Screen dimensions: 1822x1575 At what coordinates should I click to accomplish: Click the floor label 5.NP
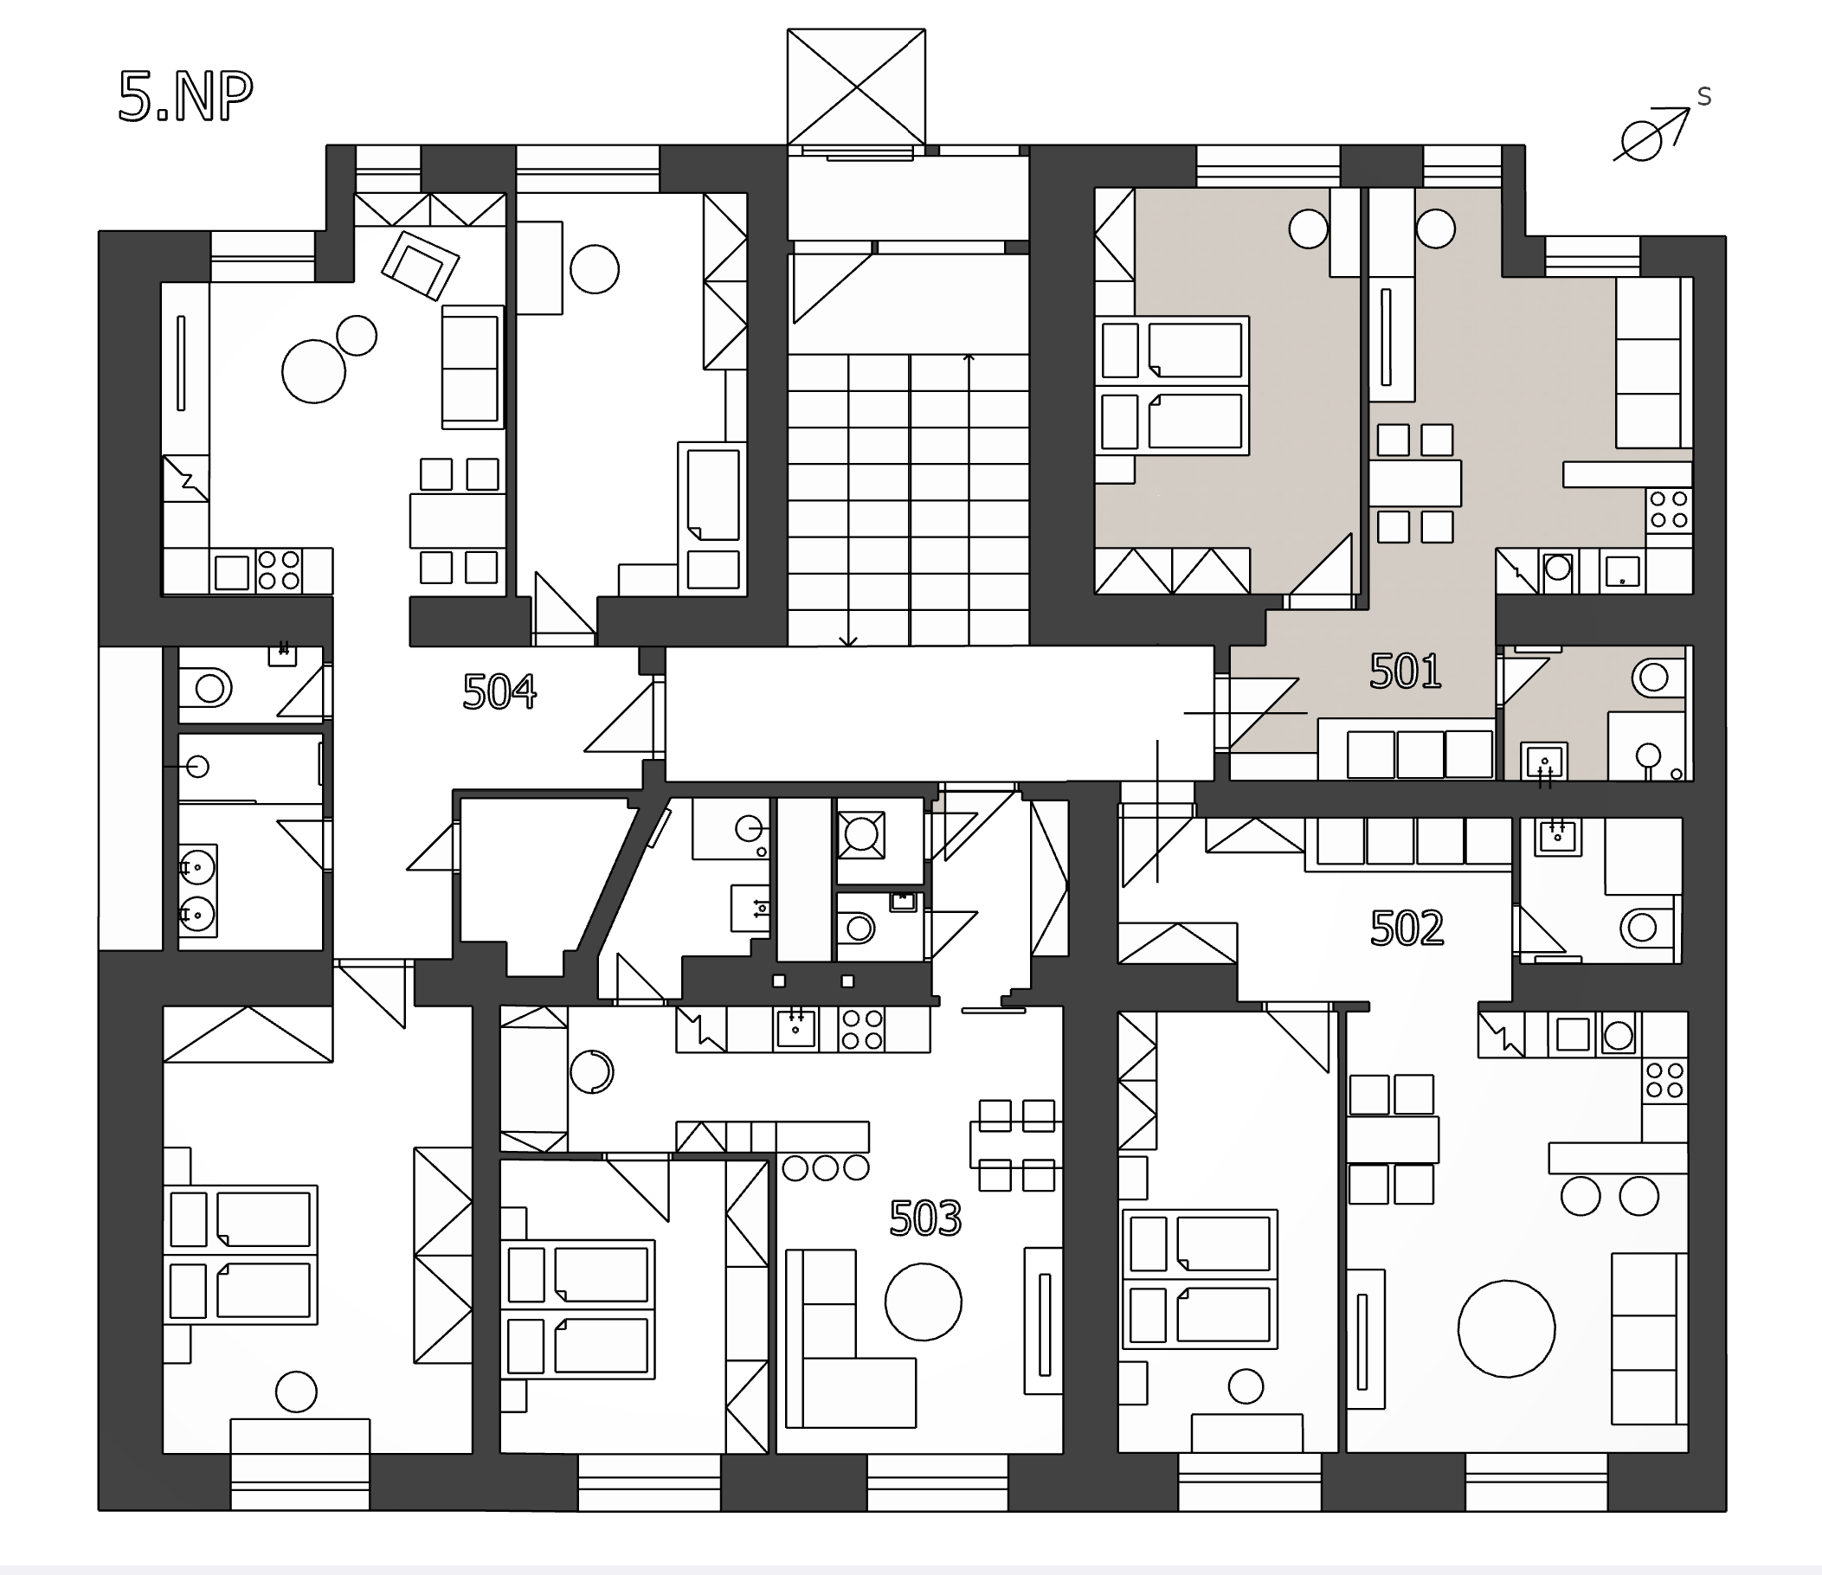coord(185,97)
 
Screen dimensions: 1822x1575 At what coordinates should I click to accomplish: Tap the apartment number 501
coord(1405,672)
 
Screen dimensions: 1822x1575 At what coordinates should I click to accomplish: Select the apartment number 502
coord(1407,929)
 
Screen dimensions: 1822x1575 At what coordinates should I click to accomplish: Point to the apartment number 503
coord(925,1218)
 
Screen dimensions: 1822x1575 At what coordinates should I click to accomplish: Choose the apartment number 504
coord(499,692)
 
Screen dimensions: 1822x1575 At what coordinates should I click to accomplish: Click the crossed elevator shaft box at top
coord(855,87)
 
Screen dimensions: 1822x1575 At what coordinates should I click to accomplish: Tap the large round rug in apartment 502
coord(1506,1327)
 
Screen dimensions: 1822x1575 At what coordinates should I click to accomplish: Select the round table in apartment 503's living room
coord(924,1302)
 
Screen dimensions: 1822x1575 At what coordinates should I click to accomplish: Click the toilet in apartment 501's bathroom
coord(1658,677)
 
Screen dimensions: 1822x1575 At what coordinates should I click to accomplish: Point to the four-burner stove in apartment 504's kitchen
coord(279,569)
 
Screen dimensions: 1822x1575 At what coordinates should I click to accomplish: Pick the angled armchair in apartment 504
coord(421,265)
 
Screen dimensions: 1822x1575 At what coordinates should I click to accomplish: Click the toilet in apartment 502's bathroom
coord(1647,927)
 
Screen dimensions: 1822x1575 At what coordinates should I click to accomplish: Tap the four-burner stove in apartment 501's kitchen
coord(1669,509)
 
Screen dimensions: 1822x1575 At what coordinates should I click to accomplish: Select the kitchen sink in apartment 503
coord(795,1029)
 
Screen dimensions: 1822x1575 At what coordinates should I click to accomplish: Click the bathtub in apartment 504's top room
coord(712,495)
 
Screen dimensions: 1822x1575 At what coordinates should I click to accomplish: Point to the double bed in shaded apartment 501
coord(1172,386)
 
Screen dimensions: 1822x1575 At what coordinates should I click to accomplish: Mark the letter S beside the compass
coord(1704,97)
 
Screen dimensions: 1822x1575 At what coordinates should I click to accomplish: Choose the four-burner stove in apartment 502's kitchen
coord(1664,1081)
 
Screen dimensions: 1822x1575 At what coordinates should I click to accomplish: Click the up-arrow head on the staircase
coord(969,358)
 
